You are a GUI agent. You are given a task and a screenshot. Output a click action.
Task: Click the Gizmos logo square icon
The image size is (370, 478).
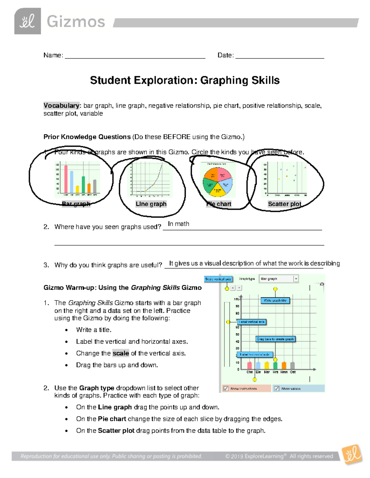pos(27,21)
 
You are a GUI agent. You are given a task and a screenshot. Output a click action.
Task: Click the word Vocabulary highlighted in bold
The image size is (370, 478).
pos(61,106)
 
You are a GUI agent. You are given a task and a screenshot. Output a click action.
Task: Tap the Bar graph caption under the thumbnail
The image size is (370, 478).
pos(76,204)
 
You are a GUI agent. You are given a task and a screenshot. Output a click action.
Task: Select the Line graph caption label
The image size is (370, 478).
pos(151,204)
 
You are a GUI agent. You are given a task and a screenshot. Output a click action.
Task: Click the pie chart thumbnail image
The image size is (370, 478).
pos(218,180)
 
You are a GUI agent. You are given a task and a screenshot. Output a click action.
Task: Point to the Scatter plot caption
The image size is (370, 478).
pos(284,204)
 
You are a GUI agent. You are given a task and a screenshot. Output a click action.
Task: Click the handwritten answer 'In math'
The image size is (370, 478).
pos(179,224)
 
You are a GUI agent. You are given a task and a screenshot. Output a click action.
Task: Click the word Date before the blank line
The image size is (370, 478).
pos(225,55)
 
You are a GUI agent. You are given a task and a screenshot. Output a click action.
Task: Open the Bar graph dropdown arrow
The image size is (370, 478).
pos(296,279)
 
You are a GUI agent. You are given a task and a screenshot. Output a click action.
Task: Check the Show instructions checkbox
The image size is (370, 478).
pos(226,388)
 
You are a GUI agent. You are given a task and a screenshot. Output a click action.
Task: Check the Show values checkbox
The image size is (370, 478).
pos(277,388)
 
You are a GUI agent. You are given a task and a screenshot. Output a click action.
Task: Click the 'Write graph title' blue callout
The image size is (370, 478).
pos(275,300)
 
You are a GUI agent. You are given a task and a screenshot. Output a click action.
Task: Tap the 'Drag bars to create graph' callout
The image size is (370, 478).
pos(275,339)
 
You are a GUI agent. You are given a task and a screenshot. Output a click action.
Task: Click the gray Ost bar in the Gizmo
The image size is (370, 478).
pos(293,365)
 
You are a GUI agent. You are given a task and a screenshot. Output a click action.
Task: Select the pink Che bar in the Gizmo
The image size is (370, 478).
pos(249,365)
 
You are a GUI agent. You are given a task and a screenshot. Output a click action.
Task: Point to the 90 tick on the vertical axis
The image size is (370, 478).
pos(237,306)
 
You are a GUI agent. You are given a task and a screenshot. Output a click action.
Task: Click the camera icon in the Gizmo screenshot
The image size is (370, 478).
pos(322,284)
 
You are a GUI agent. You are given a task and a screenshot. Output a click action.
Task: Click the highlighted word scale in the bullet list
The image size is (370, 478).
pos(121,353)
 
